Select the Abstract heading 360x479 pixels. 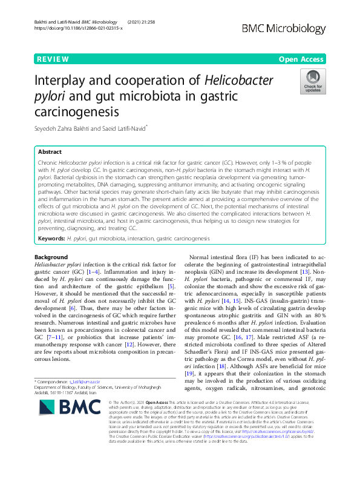click(x=50, y=152)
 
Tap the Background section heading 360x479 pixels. click(x=51, y=257)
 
